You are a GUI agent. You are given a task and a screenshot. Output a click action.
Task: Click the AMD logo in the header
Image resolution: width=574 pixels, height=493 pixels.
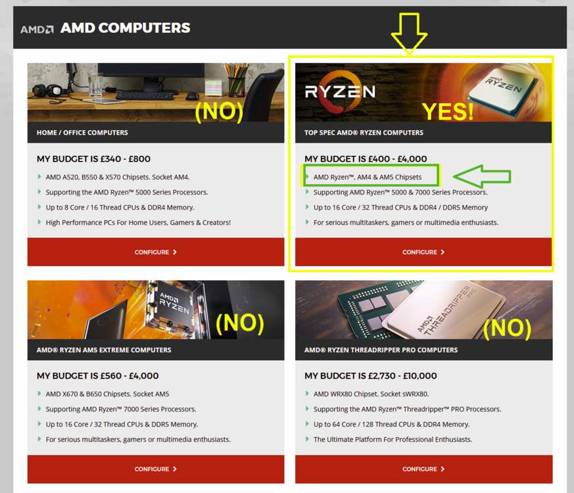37,30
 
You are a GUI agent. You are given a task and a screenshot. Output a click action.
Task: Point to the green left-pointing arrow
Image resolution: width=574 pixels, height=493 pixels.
482,176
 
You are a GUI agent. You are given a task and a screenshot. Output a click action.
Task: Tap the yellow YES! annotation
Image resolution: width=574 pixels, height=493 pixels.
448,111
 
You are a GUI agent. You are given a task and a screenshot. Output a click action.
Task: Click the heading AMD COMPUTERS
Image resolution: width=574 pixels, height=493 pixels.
125,28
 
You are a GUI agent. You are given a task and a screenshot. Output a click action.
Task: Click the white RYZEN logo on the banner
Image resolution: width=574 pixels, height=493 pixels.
340,91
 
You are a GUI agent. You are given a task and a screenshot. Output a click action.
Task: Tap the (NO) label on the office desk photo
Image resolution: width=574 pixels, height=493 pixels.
219,111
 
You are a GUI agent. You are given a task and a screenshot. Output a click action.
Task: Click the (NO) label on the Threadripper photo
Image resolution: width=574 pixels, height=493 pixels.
507,328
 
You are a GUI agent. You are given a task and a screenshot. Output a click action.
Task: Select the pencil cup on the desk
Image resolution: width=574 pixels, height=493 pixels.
237,80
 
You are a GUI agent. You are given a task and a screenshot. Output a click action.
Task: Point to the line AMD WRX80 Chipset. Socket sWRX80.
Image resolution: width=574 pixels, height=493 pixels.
371,394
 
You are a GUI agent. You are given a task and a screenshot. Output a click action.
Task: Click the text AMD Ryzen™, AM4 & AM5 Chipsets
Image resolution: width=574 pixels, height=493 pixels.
368,177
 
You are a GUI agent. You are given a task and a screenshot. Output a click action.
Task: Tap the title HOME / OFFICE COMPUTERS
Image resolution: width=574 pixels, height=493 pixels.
82,133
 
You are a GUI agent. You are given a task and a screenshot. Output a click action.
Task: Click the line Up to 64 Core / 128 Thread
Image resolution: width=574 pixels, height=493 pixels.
391,424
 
